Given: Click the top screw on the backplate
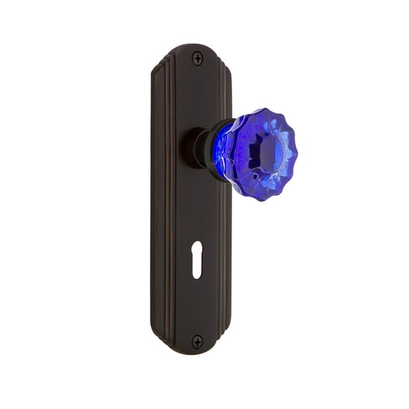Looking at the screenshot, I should pyautogui.click(x=197, y=59).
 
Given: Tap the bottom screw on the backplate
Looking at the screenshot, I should pyautogui.click(x=197, y=342).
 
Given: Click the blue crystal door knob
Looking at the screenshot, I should pyautogui.click(x=256, y=153).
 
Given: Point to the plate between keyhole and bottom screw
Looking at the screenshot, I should pyautogui.click(x=197, y=309).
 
